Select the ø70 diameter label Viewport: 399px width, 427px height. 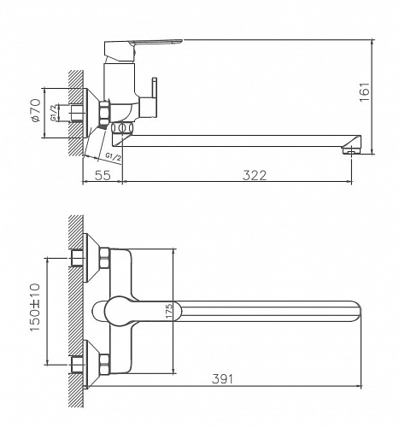35,111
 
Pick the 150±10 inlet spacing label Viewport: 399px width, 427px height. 35,306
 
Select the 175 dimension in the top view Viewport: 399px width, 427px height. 169,312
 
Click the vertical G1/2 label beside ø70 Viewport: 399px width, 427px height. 53,112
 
